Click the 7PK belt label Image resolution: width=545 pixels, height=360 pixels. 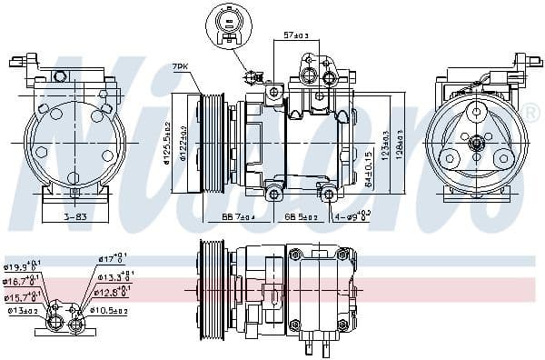point(179,66)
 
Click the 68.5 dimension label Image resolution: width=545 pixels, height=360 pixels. point(300,217)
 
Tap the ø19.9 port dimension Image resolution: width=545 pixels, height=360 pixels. point(23,268)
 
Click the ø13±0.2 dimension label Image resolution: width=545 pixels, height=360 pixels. point(24,310)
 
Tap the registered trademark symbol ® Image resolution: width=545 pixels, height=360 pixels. point(530,110)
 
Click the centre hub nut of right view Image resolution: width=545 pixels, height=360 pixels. point(475,142)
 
